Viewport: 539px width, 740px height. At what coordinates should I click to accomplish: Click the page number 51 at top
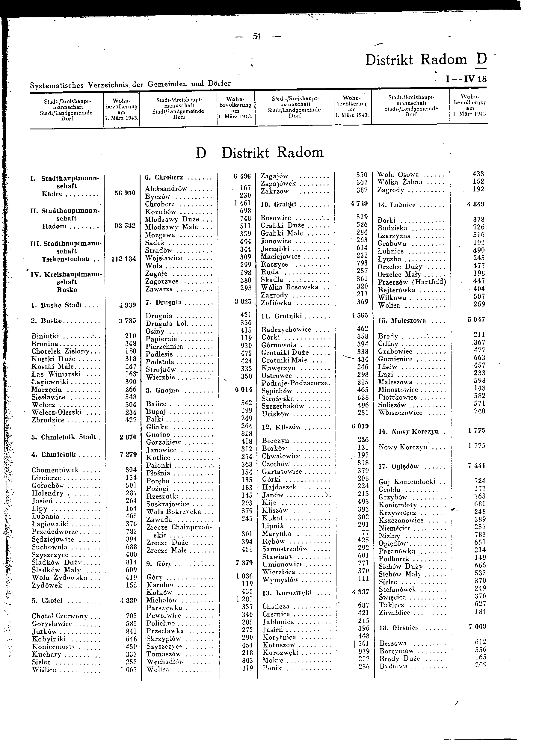coord(257,37)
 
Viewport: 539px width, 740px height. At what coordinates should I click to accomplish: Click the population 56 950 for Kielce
coord(125,193)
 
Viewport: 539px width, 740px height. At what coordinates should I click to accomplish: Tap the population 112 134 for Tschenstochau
coord(123,259)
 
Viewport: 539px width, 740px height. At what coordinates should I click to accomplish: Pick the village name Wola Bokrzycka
coord(174,512)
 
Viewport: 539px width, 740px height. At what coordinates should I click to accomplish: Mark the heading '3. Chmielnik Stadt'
coord(64,437)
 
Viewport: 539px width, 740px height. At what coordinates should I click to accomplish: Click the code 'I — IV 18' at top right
coord(466,79)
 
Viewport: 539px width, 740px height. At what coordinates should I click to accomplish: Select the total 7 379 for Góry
coord(244,563)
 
